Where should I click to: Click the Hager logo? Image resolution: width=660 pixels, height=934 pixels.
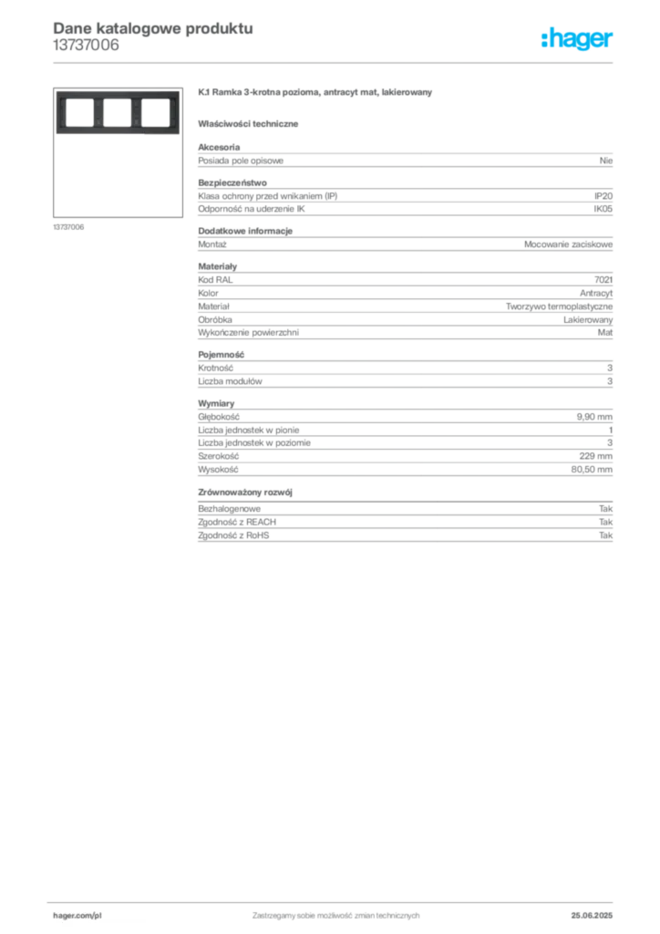click(577, 39)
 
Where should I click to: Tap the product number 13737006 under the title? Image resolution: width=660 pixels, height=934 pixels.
click(86, 46)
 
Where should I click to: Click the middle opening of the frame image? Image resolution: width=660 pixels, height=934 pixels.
click(118, 112)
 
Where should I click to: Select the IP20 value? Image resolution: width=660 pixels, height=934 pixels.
click(603, 196)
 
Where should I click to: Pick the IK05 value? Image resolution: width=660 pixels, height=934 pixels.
click(603, 209)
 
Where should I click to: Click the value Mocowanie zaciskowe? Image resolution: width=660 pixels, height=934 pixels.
click(568, 244)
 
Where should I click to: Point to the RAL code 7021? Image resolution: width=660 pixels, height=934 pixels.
click(603, 280)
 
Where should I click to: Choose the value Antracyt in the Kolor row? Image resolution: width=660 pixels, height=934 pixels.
click(596, 293)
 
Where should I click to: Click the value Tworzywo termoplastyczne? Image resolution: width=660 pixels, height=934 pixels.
click(560, 306)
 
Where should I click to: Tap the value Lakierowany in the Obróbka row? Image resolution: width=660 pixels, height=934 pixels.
click(588, 320)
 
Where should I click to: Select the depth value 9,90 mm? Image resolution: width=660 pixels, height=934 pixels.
click(594, 417)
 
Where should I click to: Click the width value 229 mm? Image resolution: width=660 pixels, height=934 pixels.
click(595, 456)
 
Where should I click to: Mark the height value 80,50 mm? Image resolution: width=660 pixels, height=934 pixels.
click(592, 470)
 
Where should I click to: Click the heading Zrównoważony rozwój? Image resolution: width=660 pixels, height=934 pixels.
click(245, 492)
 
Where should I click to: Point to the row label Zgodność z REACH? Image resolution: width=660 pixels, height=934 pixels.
click(237, 522)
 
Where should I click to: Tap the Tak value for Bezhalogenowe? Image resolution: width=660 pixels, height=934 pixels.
click(606, 509)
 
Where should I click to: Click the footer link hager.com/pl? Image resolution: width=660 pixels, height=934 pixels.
click(77, 916)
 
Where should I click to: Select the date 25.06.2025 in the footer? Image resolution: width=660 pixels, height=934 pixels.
click(592, 916)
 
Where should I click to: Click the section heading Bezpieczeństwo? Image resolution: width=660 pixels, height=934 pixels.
click(232, 182)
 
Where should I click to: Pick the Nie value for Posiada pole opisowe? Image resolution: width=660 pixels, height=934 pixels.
click(606, 161)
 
